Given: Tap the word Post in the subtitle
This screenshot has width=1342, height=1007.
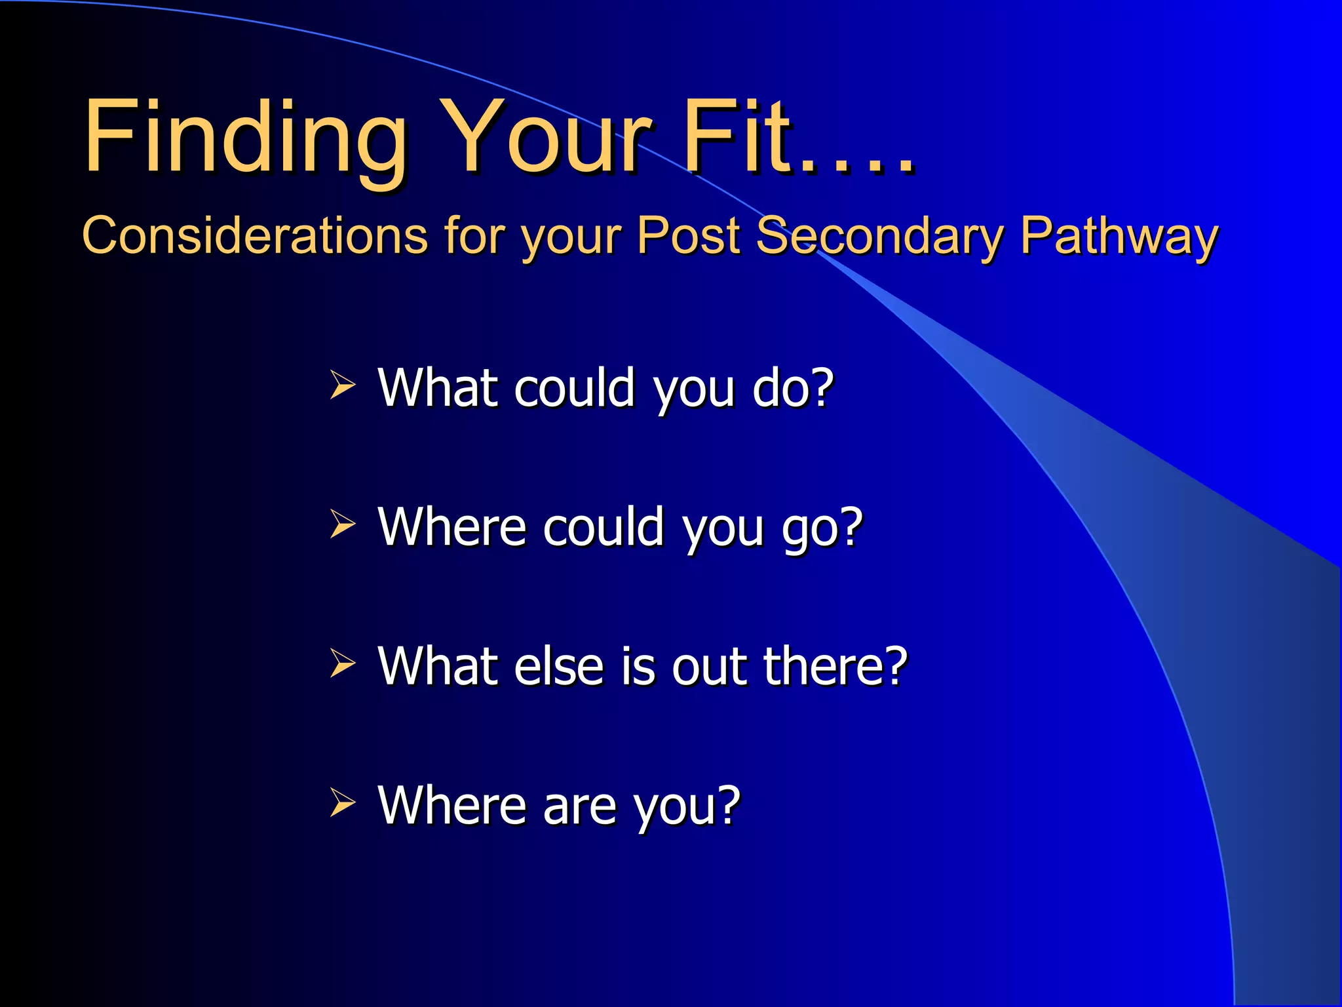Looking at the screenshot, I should click(x=688, y=235).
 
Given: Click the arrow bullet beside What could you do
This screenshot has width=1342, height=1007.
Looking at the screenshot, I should click(x=342, y=384).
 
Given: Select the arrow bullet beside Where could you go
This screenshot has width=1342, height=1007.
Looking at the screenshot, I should click(x=342, y=524).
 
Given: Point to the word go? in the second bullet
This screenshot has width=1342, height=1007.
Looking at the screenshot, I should click(x=822, y=528).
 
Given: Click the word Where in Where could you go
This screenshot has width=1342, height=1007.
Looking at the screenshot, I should click(x=451, y=527).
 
